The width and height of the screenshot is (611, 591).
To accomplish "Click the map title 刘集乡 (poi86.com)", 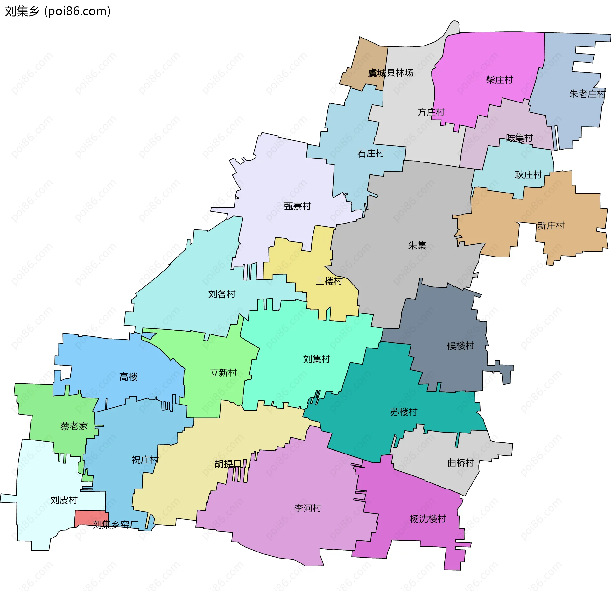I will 58,11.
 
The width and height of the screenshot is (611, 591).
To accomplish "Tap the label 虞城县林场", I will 390,73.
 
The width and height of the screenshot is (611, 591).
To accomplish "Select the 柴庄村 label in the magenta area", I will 499,80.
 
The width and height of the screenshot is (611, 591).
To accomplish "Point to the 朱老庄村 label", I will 587,94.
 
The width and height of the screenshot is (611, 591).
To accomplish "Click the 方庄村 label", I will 431,112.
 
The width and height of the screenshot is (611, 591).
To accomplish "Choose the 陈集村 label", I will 519,138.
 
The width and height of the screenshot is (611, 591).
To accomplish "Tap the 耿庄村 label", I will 528,174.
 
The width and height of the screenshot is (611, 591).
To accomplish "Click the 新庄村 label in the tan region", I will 551,226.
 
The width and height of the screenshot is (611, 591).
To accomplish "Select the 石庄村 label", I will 370,153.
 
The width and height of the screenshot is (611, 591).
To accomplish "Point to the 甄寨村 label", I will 297,206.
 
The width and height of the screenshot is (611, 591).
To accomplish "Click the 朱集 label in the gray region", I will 417,245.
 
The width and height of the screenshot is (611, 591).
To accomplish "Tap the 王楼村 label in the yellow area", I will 329,281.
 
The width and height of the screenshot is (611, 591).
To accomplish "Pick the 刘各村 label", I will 222,294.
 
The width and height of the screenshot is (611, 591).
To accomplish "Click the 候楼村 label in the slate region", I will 460,346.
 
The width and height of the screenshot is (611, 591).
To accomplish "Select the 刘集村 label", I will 317,359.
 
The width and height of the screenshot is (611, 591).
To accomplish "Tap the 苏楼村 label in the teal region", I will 404,412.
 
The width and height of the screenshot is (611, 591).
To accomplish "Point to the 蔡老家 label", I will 74,426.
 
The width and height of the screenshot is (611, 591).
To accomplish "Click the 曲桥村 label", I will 460,462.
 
